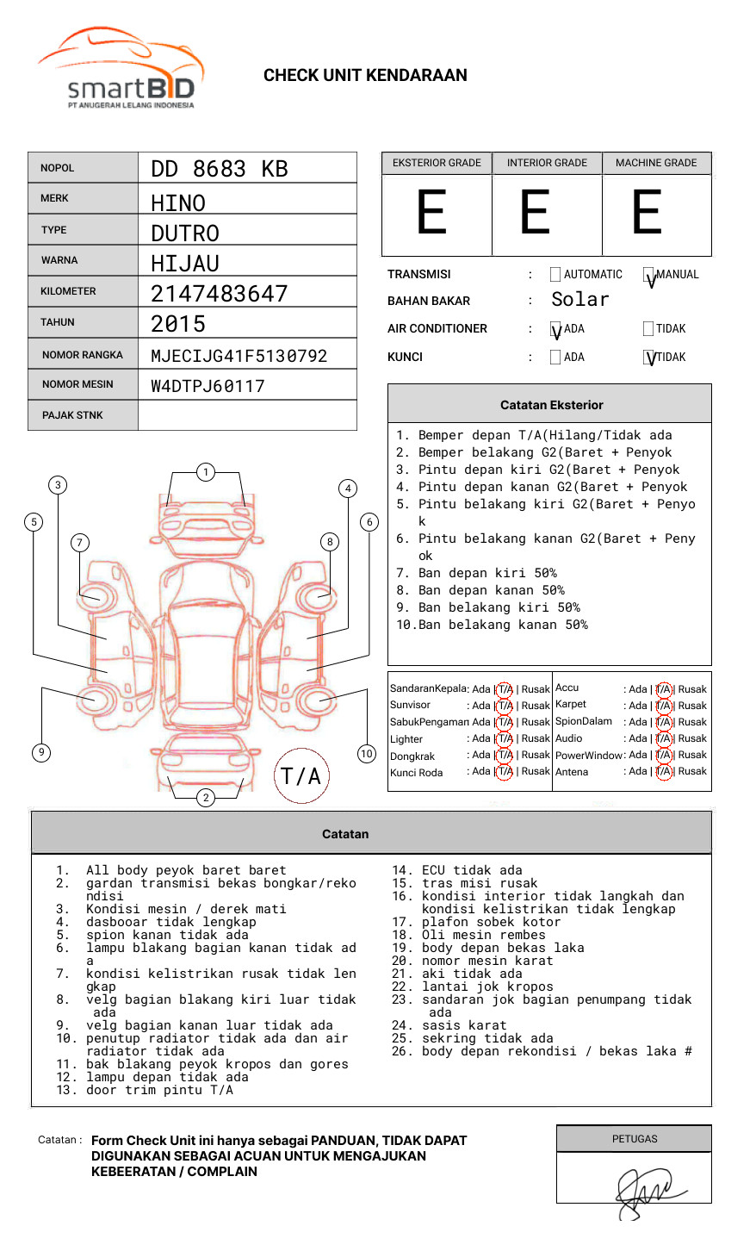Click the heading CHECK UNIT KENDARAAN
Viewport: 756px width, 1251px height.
(x=365, y=76)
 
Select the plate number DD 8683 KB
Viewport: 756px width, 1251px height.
(x=220, y=169)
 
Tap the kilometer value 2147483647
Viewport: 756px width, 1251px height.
(x=220, y=294)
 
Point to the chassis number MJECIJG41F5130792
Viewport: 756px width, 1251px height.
(x=239, y=356)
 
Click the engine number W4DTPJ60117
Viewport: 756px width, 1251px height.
(x=208, y=386)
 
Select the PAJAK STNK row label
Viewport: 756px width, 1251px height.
(x=72, y=415)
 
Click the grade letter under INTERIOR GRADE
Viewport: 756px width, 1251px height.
(x=536, y=213)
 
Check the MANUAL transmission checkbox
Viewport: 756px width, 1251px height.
(x=649, y=276)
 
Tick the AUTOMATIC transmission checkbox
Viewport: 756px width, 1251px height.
(x=555, y=275)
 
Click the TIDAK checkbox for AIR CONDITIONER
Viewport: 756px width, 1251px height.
(x=648, y=328)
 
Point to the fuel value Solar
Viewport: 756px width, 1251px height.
(x=580, y=300)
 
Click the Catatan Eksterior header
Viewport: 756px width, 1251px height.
(x=551, y=405)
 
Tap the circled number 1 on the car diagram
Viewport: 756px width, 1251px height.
(x=205, y=471)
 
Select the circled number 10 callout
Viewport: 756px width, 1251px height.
(x=367, y=754)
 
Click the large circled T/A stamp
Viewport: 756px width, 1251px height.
(x=301, y=776)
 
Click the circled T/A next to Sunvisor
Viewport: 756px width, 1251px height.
(x=505, y=706)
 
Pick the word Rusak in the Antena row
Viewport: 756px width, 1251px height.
(x=692, y=771)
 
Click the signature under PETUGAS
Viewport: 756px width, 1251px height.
(x=647, y=1192)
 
